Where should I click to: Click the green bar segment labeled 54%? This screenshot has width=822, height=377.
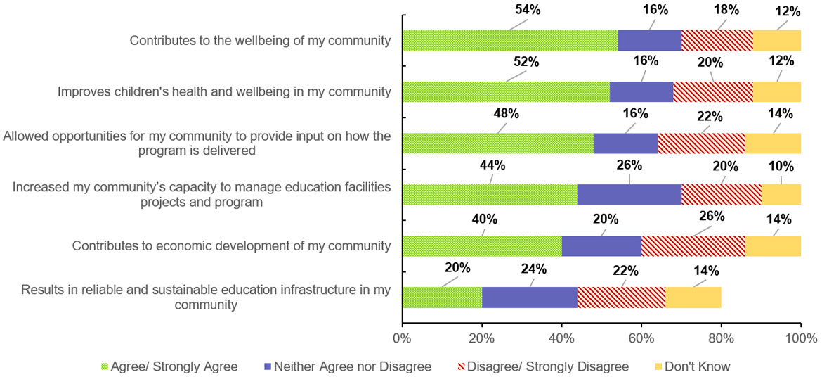coord(510,41)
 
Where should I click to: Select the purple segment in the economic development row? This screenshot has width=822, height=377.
coord(601,245)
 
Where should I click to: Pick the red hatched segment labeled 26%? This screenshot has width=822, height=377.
coord(693,245)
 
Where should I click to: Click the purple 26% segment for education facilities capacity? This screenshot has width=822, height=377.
coord(629,194)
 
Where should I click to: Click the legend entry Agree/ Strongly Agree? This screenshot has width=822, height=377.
coord(169,366)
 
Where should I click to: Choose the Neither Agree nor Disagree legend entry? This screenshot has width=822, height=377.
coord(345,366)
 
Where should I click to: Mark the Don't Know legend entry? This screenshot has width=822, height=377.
coord(686,366)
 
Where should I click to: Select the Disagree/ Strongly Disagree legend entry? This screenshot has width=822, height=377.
coord(540,366)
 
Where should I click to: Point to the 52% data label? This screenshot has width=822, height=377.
coord(526,61)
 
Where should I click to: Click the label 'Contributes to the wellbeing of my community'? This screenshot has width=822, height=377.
coord(260,40)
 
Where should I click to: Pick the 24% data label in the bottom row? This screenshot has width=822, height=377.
coord(542,269)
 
